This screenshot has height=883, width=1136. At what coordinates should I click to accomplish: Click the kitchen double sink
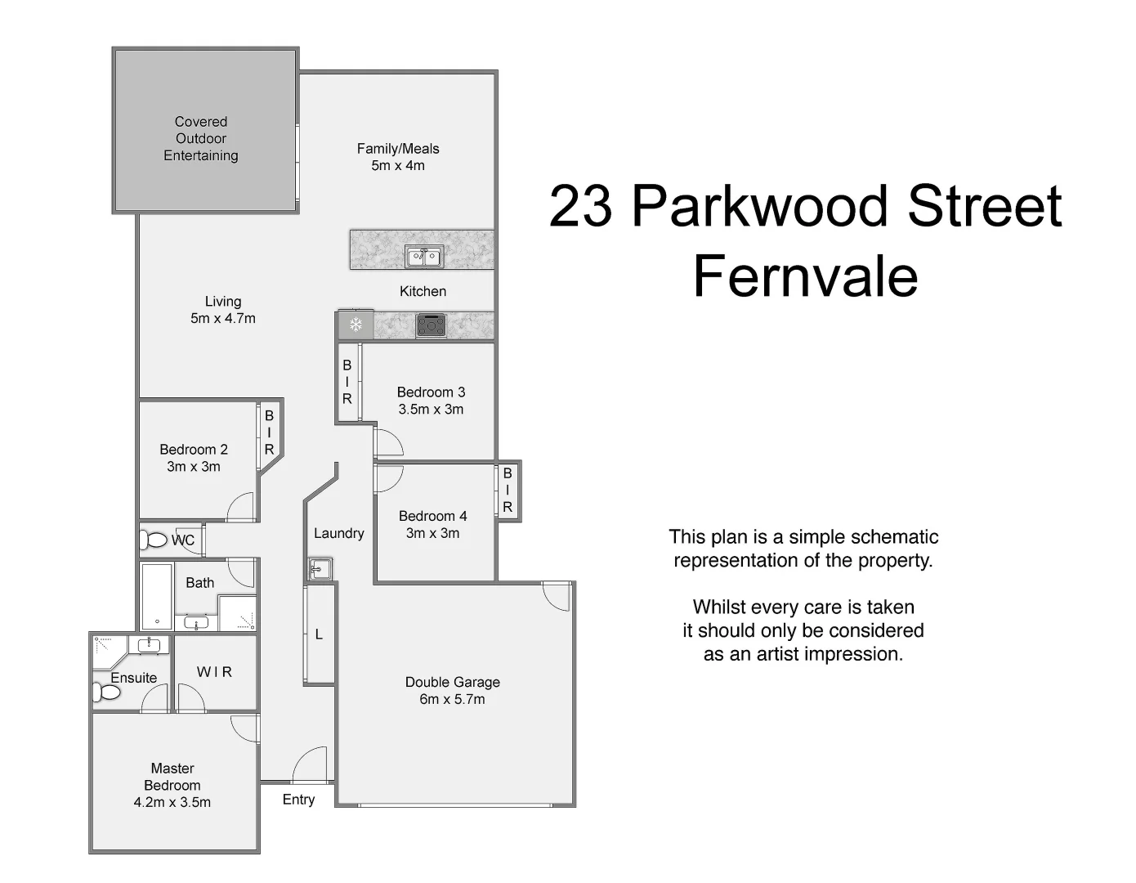click(423, 258)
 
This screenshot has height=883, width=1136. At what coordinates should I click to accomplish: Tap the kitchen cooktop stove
click(432, 325)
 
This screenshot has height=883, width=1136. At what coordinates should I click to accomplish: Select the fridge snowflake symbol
click(356, 325)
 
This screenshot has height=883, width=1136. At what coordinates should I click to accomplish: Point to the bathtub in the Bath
click(157, 596)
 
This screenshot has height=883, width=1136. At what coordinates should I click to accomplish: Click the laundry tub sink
click(320, 567)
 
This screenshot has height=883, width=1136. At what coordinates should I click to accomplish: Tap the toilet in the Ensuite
click(107, 693)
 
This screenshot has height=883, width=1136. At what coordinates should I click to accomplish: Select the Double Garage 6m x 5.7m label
click(452, 691)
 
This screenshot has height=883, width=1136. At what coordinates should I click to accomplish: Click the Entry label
click(298, 800)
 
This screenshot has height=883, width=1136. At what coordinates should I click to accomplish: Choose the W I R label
click(215, 672)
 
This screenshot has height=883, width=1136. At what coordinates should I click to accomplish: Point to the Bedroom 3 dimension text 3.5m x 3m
click(431, 410)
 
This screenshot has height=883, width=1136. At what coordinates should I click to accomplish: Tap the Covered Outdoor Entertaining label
click(201, 139)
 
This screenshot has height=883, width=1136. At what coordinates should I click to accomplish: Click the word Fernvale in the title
click(805, 276)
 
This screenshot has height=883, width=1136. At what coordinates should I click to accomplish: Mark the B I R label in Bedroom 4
click(508, 491)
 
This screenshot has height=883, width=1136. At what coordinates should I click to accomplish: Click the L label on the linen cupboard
click(319, 634)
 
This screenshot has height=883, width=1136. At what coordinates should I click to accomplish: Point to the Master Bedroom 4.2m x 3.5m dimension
click(172, 803)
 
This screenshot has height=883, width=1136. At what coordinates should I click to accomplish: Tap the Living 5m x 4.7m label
click(223, 311)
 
